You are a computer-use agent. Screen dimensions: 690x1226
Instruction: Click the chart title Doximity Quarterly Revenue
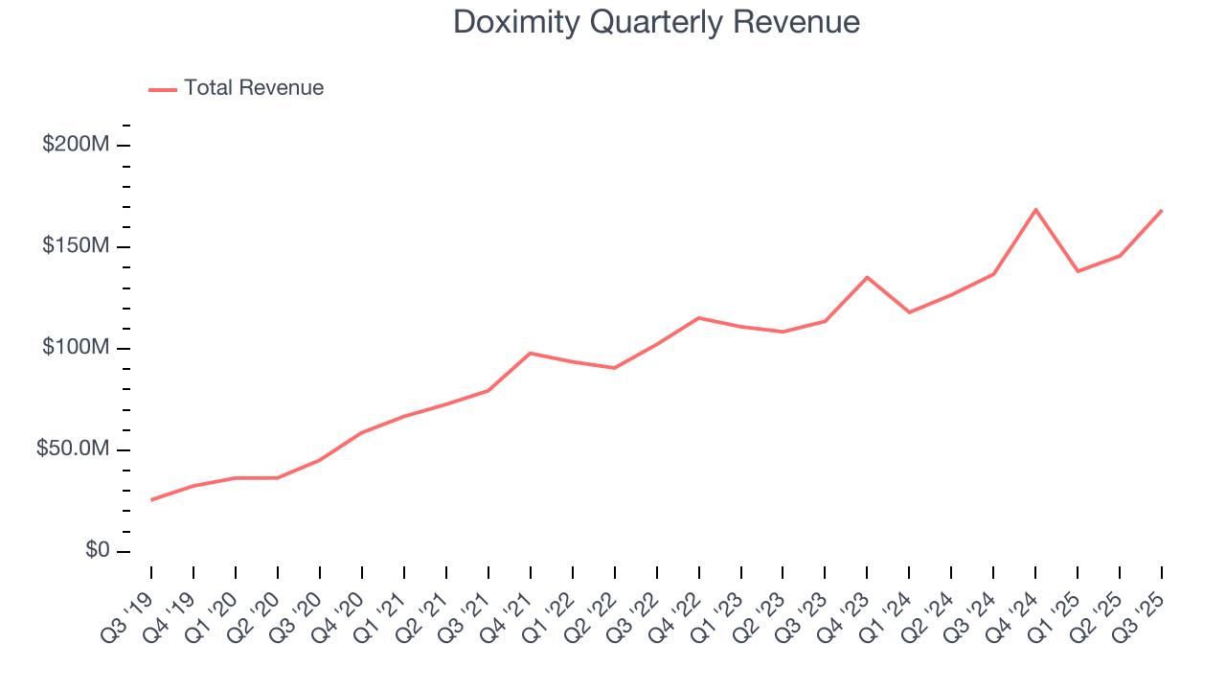click(x=656, y=22)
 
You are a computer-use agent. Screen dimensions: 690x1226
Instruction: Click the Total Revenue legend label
click(x=254, y=88)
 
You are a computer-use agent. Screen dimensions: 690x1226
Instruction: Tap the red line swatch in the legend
click(x=163, y=89)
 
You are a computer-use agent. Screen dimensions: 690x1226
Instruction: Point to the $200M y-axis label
click(x=75, y=145)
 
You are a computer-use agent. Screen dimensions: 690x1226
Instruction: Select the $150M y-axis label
click(x=75, y=246)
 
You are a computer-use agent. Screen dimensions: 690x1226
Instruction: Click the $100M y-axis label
click(x=75, y=348)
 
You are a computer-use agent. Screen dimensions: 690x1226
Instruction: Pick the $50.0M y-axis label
click(x=72, y=449)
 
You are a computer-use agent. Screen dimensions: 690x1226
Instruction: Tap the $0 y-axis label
click(x=96, y=551)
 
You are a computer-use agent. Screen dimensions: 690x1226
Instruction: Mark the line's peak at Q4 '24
click(x=1035, y=209)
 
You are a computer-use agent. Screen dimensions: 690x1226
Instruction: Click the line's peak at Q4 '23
click(x=867, y=277)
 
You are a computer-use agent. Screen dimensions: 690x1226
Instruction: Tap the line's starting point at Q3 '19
click(x=151, y=499)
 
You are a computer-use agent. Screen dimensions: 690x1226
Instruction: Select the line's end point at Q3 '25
click(x=1162, y=210)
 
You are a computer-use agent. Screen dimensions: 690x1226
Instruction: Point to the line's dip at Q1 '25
click(x=1078, y=271)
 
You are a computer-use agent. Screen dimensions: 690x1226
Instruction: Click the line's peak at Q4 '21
click(x=531, y=353)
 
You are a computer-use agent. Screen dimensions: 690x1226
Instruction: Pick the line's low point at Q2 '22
click(x=614, y=368)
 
